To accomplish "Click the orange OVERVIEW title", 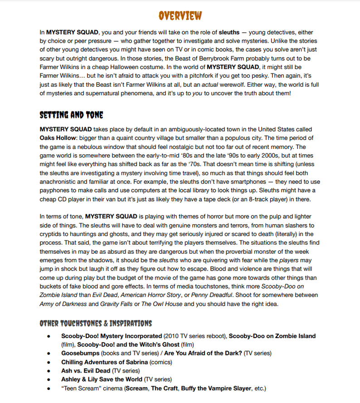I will click(180, 15).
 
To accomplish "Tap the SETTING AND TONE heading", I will click(71, 115).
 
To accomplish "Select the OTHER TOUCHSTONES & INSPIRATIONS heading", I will click(96, 324).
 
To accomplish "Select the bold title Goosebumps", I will click(80, 353).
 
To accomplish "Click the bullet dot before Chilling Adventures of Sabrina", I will click(48, 362).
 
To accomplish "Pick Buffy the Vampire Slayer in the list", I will click(214, 388).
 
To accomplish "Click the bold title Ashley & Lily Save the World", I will click(102, 379).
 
